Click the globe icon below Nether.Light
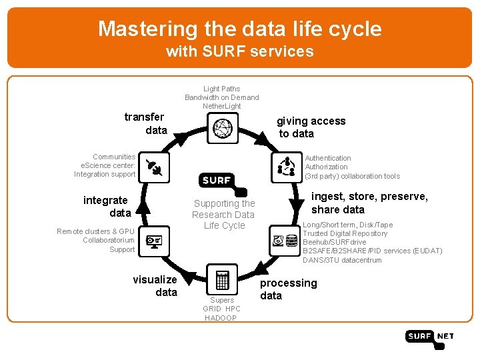pos(223,127)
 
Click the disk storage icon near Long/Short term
pos(285,240)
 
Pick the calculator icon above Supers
pos(222,279)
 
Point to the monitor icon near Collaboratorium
pos(154,241)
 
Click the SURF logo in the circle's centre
pos(217,180)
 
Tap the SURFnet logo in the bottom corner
pos(429,337)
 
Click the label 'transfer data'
pos(145,123)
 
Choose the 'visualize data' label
pos(157,286)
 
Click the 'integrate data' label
pos(107,207)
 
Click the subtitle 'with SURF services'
pos(239,51)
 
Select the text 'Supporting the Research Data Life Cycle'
pos(224,214)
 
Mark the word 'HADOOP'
pos(221,318)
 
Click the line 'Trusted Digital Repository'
pos(345,233)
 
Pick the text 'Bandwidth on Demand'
pos(222,97)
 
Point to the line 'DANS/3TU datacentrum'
pos(343,260)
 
